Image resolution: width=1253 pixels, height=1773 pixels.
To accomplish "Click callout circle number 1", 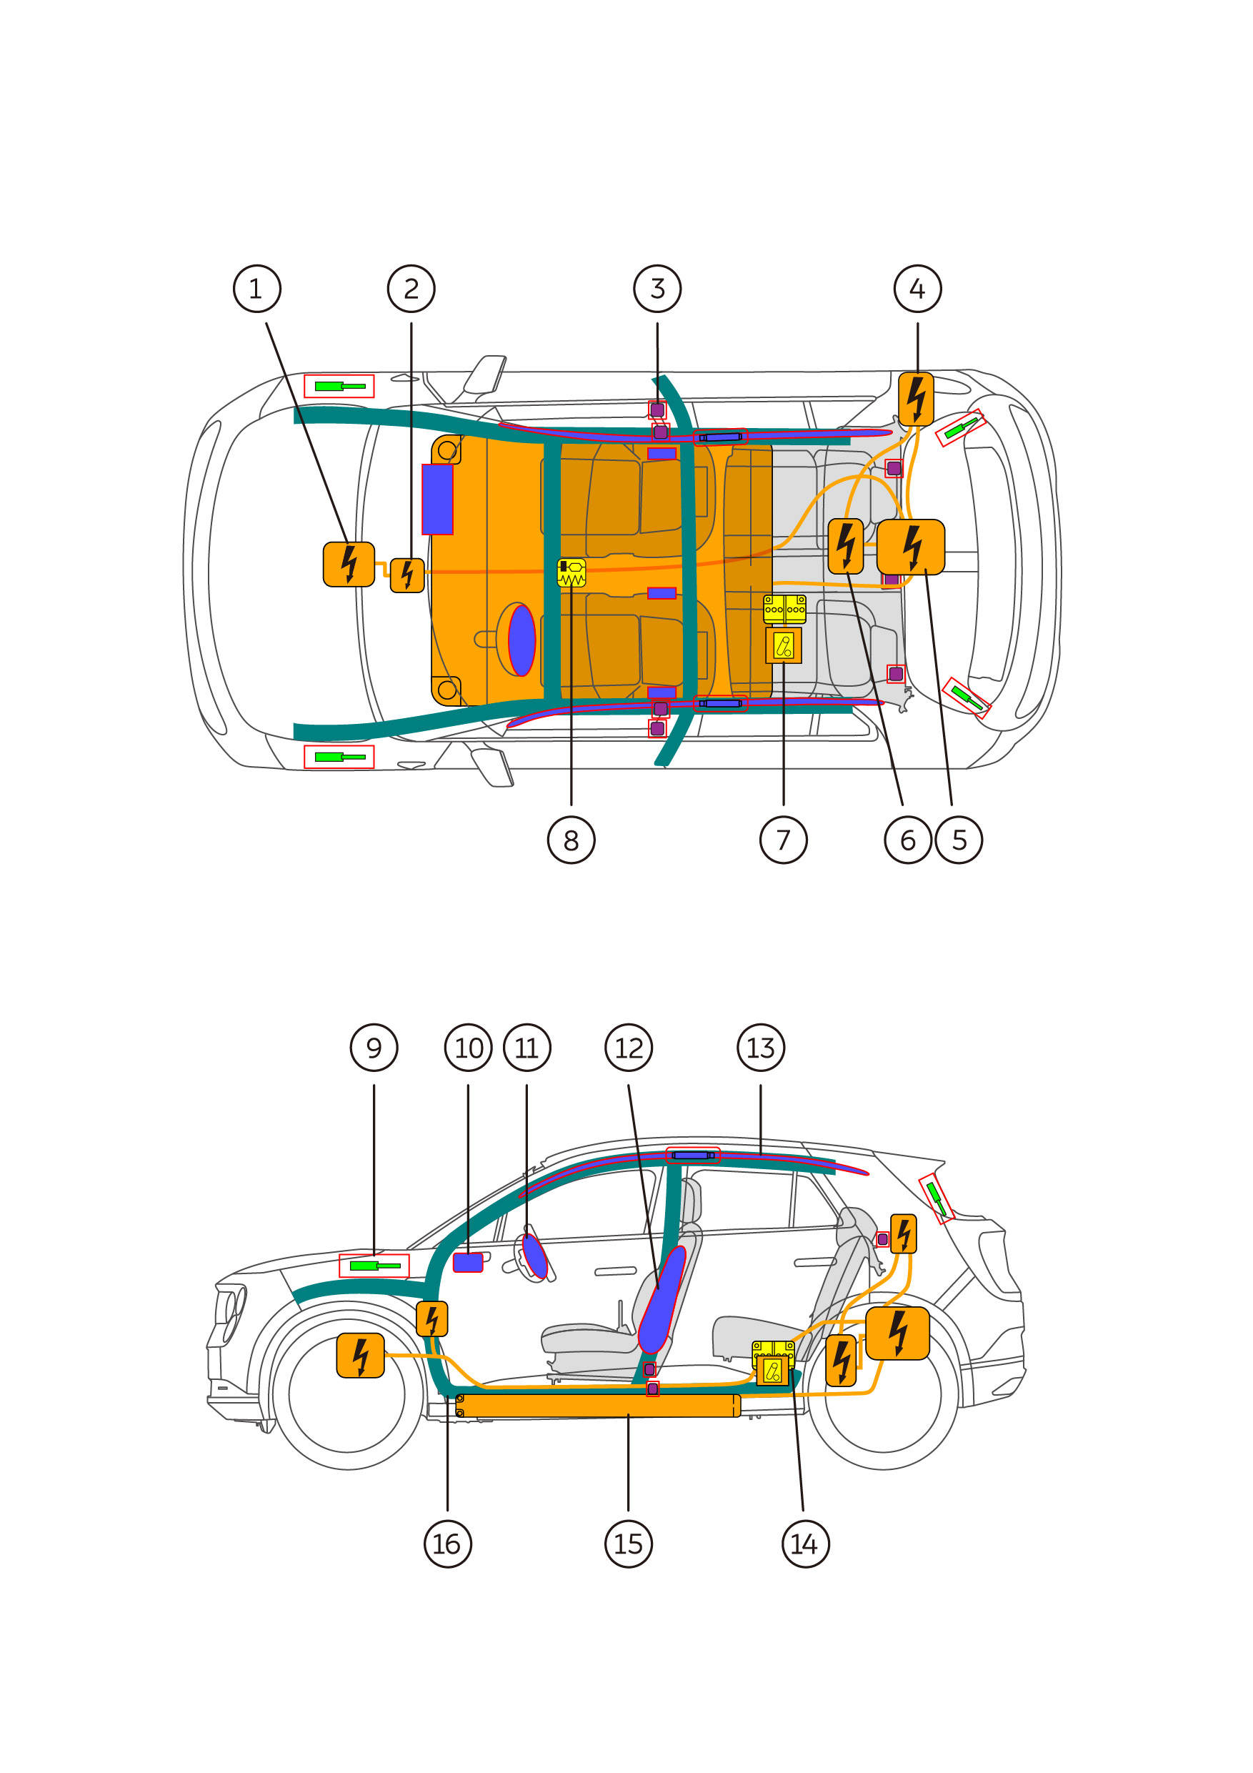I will [257, 289].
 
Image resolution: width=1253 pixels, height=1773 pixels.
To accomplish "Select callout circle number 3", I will [657, 289].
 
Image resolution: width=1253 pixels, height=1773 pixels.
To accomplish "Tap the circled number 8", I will [571, 840].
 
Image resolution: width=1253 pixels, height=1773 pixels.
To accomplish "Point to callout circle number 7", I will [783, 840].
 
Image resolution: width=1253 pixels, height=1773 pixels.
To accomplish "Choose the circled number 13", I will [761, 1048].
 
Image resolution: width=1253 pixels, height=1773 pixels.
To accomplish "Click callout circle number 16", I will [448, 1544].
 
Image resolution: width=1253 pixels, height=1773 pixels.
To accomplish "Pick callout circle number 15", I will [629, 1544].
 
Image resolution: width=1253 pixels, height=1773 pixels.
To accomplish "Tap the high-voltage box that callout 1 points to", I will [349, 565].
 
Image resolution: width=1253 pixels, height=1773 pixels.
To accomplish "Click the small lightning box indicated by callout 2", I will [407, 575].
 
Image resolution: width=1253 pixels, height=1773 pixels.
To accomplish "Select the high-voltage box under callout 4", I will [916, 399].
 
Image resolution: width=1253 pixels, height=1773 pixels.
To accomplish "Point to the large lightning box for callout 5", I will [910, 547].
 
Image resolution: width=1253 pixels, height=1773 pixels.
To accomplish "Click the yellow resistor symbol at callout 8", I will [571, 573].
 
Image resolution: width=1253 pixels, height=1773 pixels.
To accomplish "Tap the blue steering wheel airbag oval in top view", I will [522, 640].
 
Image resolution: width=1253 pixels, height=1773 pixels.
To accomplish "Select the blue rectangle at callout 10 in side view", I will [468, 1263].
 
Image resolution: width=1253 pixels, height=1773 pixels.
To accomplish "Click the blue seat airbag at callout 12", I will [662, 1300].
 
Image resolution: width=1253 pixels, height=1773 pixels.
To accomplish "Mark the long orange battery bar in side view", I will [599, 1406].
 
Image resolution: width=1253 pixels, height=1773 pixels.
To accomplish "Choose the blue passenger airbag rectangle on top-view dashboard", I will [437, 499].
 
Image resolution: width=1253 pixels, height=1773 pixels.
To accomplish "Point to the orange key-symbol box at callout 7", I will [783, 645].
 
